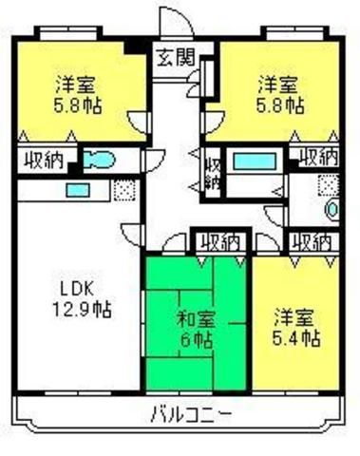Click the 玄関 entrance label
(176, 57)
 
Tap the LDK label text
(77, 289)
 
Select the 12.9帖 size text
(82, 310)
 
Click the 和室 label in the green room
(197, 320)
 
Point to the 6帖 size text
(197, 340)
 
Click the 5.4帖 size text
(296, 338)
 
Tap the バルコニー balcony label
(192, 414)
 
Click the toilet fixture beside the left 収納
(98, 160)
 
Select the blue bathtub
(255, 161)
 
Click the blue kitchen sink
(77, 190)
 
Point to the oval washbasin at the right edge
(333, 209)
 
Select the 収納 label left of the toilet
(45, 160)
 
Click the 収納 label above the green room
(220, 243)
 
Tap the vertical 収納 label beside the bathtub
(213, 173)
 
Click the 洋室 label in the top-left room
(76, 85)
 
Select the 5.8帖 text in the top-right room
(280, 105)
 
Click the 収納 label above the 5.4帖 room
(312, 243)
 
